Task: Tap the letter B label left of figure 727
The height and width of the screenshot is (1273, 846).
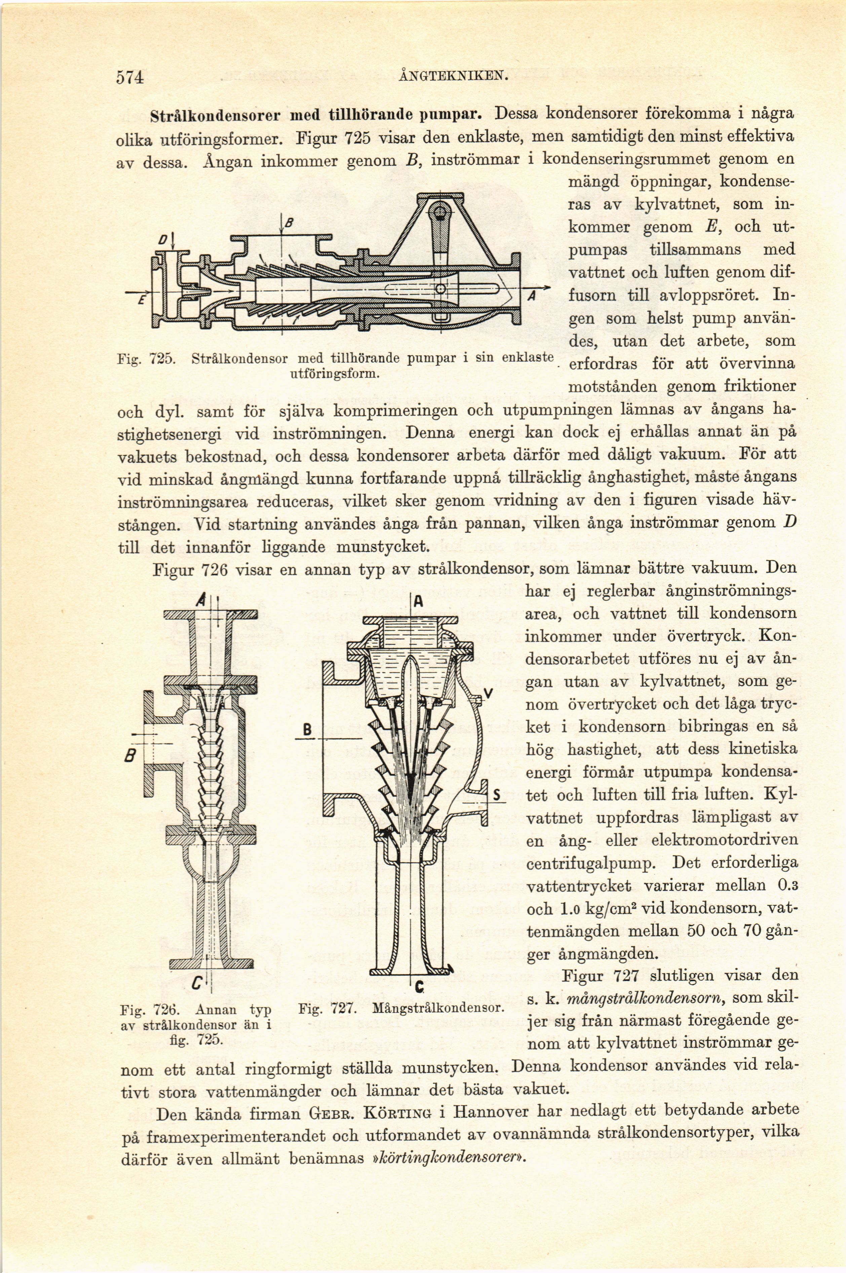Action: [x=307, y=732]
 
